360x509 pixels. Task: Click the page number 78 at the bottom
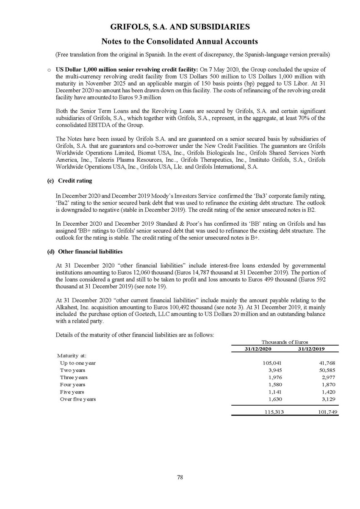(x=180, y=477)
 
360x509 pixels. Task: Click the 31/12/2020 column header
(x=258, y=349)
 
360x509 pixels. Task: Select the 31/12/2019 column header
(x=312, y=349)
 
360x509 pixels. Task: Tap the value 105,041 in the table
(x=272, y=363)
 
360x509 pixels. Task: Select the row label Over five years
(x=78, y=399)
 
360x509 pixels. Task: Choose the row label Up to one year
(x=78, y=363)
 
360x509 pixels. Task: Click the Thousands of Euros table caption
(x=285, y=342)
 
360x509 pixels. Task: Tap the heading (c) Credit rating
(x=69, y=181)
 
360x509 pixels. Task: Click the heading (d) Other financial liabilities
(x=85, y=252)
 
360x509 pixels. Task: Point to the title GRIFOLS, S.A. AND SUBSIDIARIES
(x=180, y=27)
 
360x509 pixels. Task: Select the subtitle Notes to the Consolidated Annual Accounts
(x=180, y=41)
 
